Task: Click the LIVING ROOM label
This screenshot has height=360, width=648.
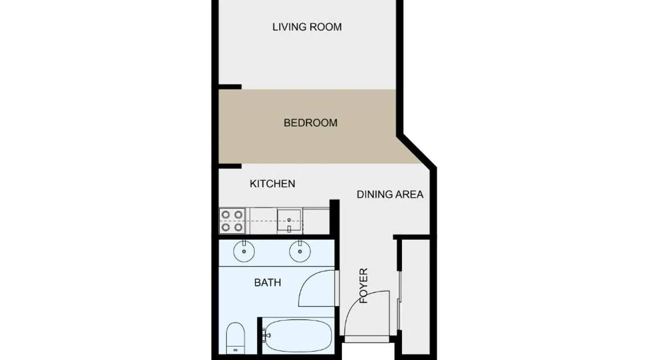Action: (307, 27)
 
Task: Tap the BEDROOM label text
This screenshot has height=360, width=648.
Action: (311, 123)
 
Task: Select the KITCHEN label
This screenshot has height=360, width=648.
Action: (273, 184)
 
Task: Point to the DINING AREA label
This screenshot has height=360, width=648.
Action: (390, 194)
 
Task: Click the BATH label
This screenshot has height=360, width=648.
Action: (267, 283)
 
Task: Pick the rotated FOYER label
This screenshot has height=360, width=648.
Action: (364, 285)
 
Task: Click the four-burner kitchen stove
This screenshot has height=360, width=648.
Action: (232, 221)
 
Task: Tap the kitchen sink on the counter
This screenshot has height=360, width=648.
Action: (289, 221)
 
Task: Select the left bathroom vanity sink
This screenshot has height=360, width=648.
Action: (244, 251)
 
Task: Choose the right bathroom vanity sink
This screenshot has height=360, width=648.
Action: (300, 251)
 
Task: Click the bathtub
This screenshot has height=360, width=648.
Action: (297, 336)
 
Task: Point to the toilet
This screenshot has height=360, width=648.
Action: (235, 338)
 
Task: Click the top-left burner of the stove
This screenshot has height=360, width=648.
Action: (226, 215)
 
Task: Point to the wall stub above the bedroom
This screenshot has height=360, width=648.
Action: (230, 87)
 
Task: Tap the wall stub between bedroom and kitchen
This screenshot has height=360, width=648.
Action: (230, 166)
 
